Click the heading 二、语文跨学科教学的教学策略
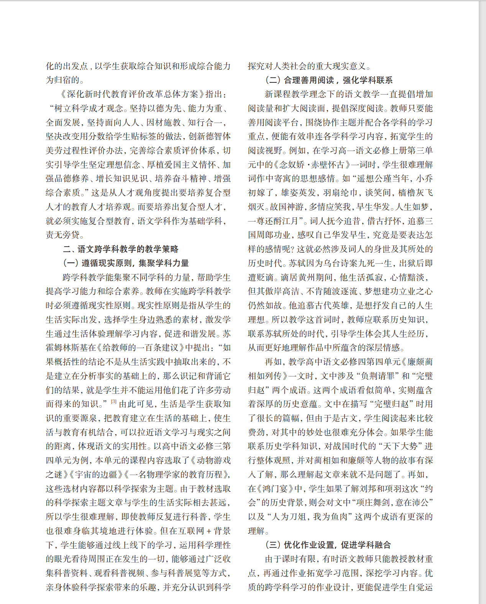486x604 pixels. click(121, 249)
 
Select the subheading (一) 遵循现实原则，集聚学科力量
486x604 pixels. click(126, 263)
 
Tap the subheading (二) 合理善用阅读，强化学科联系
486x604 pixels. click(329, 80)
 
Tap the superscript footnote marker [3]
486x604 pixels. click(113, 402)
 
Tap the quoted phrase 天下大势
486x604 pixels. click(399, 446)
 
